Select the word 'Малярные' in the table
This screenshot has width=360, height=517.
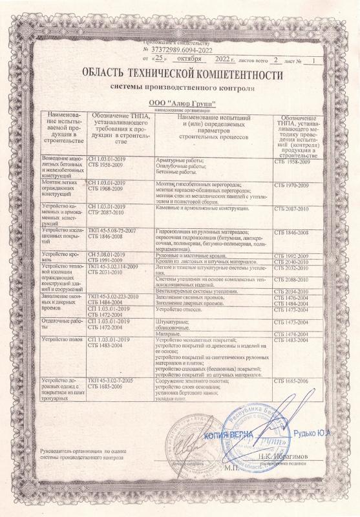click(x=169, y=333)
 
